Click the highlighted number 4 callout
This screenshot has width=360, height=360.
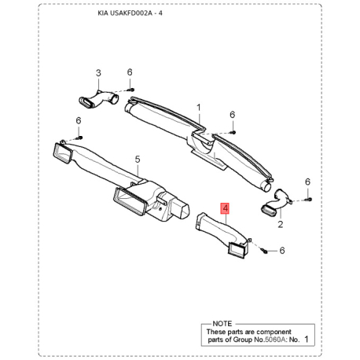click(x=226, y=209)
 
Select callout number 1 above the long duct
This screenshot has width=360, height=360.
click(x=199, y=107)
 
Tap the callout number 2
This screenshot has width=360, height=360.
click(x=278, y=224)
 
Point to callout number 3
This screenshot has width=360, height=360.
click(x=99, y=73)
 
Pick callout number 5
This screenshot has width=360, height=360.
click(x=137, y=160)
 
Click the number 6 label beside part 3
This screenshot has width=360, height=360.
click(x=130, y=73)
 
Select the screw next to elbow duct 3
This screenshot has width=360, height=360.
click(x=130, y=90)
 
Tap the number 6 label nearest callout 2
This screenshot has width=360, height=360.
click(x=307, y=182)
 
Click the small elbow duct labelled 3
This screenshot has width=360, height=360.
click(x=97, y=99)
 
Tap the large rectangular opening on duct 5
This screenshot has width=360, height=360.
click(x=130, y=200)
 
